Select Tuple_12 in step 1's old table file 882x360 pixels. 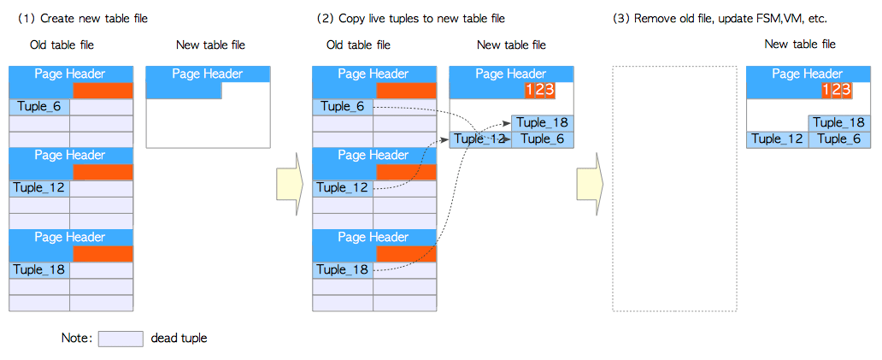point(39,188)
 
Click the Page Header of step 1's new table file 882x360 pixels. point(208,74)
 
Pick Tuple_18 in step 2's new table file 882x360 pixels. point(542,123)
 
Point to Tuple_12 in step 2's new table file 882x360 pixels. point(479,139)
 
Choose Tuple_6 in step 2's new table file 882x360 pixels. point(542,139)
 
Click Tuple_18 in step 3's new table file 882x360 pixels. point(838,123)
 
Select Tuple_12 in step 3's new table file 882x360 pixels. point(777,139)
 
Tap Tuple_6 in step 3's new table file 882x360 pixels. point(838,139)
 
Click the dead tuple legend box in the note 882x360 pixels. point(121,339)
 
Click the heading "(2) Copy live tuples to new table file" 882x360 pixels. point(410,18)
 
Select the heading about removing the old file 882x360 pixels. point(720,18)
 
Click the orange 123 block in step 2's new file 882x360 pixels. point(540,91)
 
